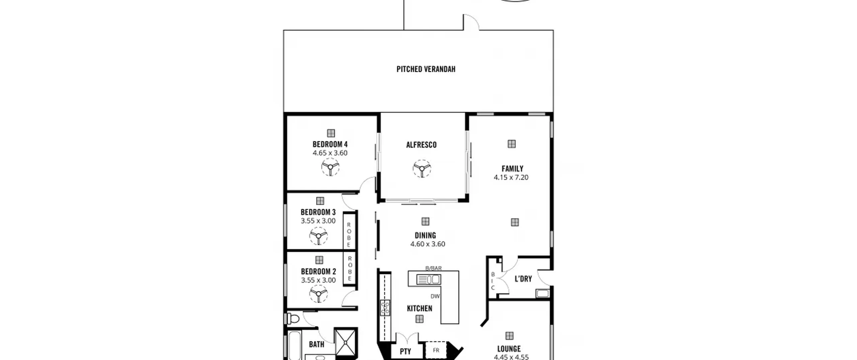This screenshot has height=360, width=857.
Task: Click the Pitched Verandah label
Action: tap(426, 69)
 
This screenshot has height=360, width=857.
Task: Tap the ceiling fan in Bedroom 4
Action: tap(330, 167)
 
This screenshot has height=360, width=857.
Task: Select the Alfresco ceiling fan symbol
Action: tap(422, 168)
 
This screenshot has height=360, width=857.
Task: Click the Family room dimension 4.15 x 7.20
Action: tap(511, 177)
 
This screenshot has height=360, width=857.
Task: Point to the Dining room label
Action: tap(425, 235)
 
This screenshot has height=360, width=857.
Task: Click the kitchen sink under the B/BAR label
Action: tap(428, 279)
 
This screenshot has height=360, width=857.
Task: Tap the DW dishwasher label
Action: tap(435, 296)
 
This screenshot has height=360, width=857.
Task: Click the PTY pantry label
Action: tap(405, 351)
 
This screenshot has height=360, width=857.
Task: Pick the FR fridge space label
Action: tap(436, 351)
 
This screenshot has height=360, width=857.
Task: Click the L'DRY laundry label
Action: tap(523, 279)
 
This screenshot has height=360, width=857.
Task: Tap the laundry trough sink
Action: tap(543, 293)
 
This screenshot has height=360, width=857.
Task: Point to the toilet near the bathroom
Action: tap(293, 318)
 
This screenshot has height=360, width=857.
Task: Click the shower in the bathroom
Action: tap(345, 343)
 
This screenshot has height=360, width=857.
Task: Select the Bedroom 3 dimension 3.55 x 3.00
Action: tap(318, 221)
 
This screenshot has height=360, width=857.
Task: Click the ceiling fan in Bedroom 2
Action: tap(318, 294)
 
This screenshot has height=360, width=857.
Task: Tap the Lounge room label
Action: tap(509, 349)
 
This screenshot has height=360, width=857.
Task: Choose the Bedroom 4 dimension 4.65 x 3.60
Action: tap(330, 153)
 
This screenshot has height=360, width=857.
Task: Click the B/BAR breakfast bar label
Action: tap(434, 268)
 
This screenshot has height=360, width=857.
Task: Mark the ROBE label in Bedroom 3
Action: tap(349, 235)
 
